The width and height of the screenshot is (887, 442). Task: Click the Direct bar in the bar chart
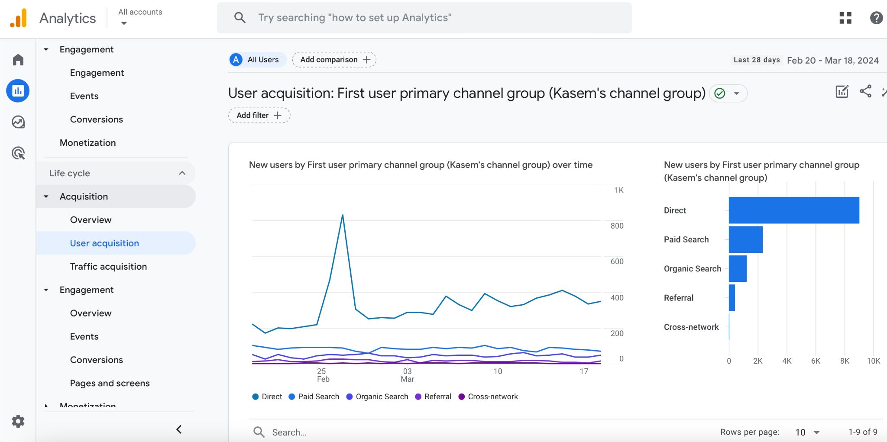click(793, 210)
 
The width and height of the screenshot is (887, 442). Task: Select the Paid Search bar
click(745, 239)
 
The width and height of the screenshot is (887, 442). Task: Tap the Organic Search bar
click(738, 268)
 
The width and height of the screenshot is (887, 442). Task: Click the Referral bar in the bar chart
click(732, 298)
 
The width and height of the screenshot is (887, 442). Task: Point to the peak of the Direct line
click(343, 215)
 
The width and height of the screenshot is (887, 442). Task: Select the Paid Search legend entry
click(314, 397)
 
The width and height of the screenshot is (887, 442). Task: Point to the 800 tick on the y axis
click(617, 226)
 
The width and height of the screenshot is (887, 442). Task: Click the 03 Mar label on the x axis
click(407, 375)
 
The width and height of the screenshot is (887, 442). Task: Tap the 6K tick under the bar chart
click(816, 361)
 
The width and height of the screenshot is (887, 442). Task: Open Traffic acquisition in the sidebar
click(108, 267)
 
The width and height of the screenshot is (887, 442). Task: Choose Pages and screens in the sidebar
click(110, 383)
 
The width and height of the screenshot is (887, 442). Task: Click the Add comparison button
click(334, 60)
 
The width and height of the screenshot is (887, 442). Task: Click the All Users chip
click(258, 60)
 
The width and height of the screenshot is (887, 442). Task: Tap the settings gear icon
click(18, 421)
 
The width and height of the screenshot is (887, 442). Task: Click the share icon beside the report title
click(865, 91)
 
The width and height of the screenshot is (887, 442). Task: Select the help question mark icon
click(876, 18)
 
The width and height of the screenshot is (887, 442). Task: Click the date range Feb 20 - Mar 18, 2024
click(832, 60)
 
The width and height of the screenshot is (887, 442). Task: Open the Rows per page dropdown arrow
click(817, 432)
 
